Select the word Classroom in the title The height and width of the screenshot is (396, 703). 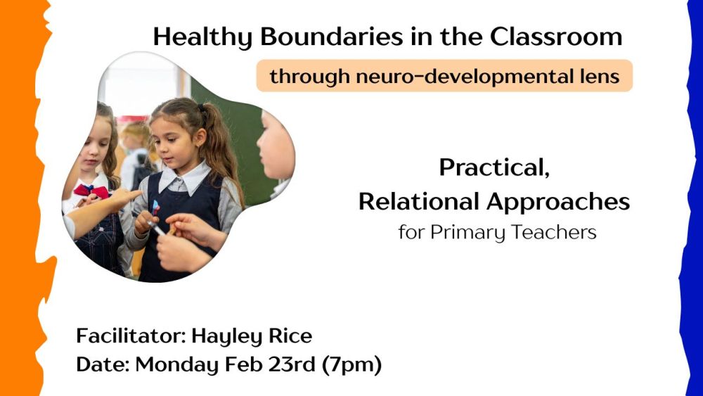(556, 37)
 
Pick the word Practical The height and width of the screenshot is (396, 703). (494, 168)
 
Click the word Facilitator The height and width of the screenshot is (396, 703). (131, 336)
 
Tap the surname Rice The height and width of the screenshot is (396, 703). (288, 336)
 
